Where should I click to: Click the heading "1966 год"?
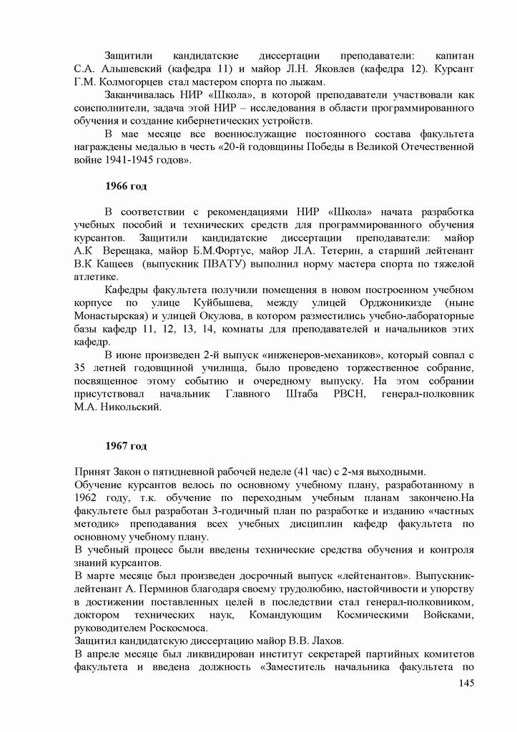pyautogui.click(x=126, y=187)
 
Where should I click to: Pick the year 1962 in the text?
pyautogui.click(x=89, y=498)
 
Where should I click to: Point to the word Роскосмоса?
pyautogui.click(x=171, y=628)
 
